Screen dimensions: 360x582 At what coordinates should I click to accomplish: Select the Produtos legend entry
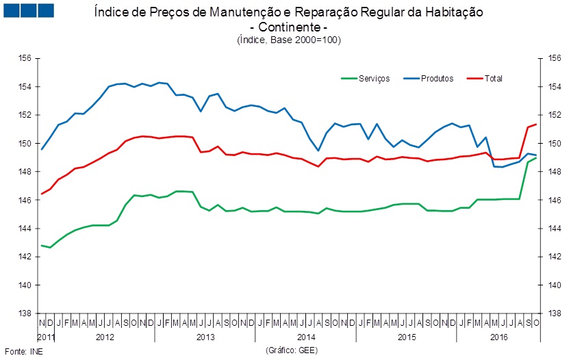point(438,79)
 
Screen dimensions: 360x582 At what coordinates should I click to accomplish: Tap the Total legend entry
point(493,79)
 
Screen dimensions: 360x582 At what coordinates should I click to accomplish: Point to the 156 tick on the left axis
point(25,59)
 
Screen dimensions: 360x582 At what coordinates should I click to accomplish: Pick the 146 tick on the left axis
point(25,201)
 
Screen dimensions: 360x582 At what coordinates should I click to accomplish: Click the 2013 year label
point(205,337)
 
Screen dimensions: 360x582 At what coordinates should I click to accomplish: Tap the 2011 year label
point(46,337)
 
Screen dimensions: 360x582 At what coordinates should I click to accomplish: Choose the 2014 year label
point(306,337)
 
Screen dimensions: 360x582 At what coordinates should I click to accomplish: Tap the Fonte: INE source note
point(18,350)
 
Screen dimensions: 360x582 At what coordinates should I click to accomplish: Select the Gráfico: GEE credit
point(292,350)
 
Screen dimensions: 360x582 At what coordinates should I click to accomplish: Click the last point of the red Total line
point(535,125)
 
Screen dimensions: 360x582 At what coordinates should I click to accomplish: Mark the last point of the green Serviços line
point(535,158)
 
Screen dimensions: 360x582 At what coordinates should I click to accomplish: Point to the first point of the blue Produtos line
point(42,149)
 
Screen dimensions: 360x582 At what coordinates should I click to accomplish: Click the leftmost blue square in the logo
point(11,11)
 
